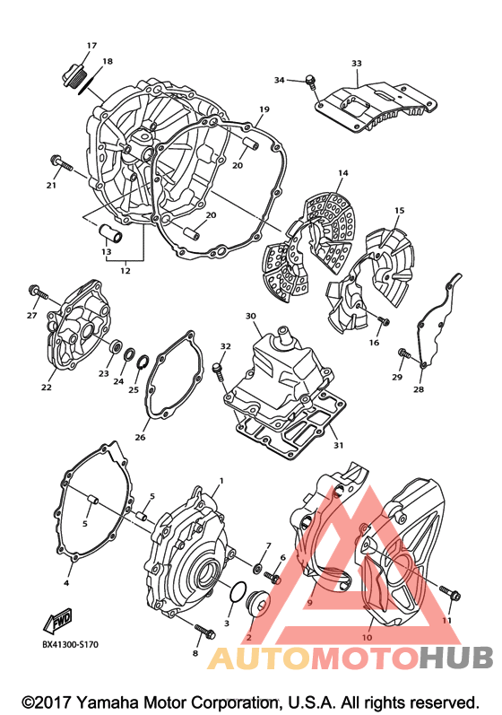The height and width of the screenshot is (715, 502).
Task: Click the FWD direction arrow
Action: click(57, 622)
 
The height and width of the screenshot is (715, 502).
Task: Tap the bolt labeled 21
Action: click(62, 162)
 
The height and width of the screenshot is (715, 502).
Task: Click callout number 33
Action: click(357, 64)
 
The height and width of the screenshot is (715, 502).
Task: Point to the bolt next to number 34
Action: click(311, 81)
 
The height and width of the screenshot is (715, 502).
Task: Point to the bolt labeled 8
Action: click(205, 630)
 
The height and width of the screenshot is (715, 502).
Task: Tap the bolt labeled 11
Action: click(450, 593)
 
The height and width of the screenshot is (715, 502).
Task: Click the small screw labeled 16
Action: click(383, 321)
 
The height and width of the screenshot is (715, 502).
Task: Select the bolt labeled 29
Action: click(404, 353)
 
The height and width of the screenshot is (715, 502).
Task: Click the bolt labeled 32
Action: click(218, 371)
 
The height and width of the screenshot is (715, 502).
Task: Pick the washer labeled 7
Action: click(258, 568)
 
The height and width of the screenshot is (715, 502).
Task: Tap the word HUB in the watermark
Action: click(456, 658)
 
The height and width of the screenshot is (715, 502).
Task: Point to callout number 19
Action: click(264, 109)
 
